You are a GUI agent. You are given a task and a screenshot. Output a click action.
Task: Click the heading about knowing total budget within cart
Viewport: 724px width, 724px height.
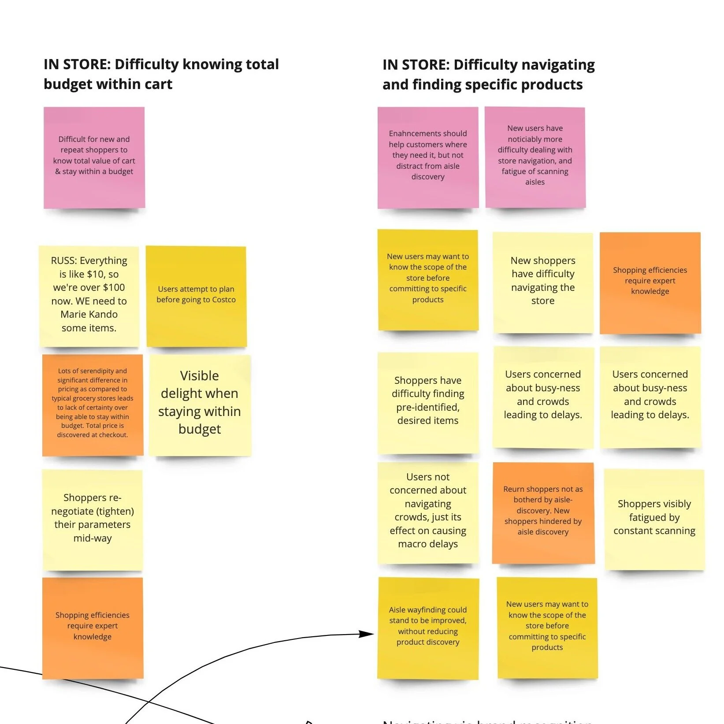coord(161,74)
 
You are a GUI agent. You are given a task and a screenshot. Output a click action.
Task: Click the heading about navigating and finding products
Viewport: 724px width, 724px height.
coord(488,74)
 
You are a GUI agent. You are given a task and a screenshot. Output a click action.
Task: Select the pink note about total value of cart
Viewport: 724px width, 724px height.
coord(94,157)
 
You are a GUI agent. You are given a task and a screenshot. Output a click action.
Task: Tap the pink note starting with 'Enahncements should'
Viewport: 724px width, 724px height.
coord(427,157)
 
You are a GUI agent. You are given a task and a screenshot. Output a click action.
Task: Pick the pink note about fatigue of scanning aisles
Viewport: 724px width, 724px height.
coord(535,157)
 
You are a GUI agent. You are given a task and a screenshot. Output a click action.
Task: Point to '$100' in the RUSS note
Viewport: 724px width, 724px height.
coord(114,288)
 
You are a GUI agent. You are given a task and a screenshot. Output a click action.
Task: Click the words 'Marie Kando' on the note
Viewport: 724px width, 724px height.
coord(89,315)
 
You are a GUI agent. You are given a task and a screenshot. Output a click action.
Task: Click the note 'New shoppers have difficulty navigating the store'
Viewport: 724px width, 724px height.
coord(543,282)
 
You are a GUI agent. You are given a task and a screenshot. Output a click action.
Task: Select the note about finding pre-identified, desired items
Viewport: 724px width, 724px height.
coord(427,402)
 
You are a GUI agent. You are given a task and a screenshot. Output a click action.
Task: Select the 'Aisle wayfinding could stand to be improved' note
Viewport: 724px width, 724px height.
coord(427,628)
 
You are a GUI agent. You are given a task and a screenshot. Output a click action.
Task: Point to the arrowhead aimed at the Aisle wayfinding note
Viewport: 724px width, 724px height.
coord(367,634)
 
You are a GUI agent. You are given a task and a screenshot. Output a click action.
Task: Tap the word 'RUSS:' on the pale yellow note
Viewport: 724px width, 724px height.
coord(64,261)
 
